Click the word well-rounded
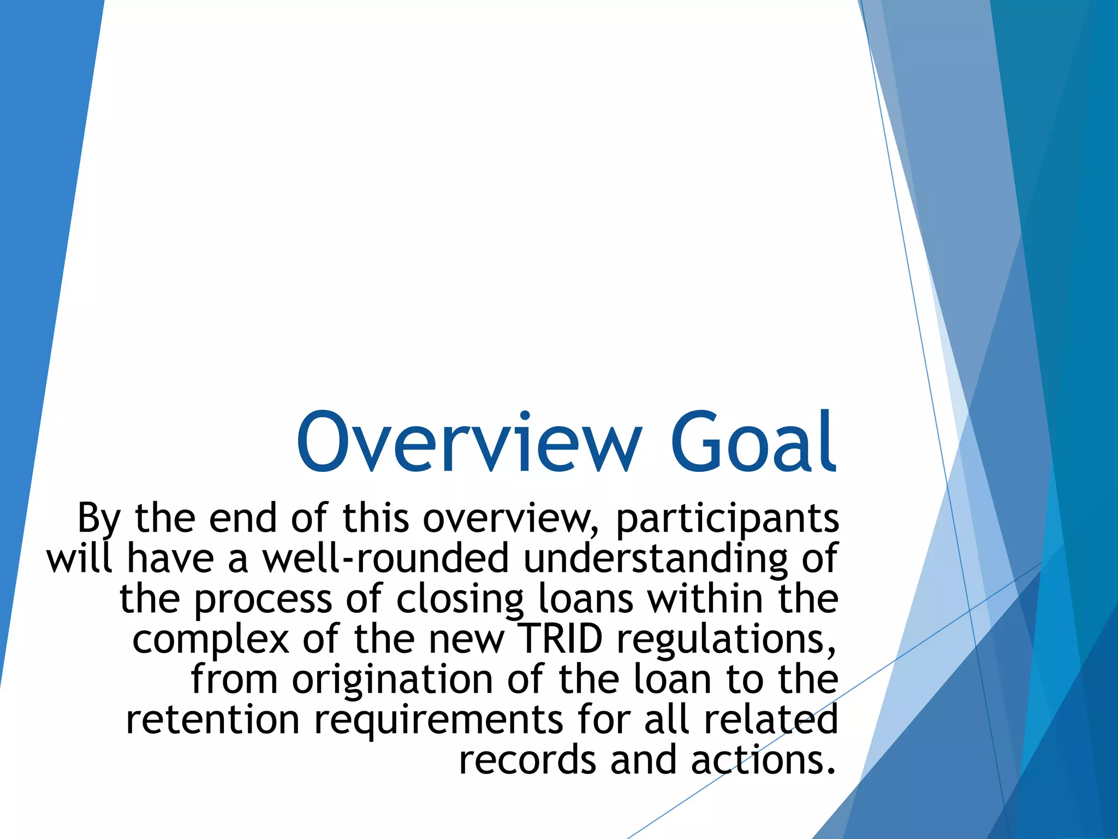[386, 558]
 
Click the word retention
[212, 720]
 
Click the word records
[527, 760]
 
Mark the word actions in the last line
[763, 760]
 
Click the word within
[705, 599]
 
